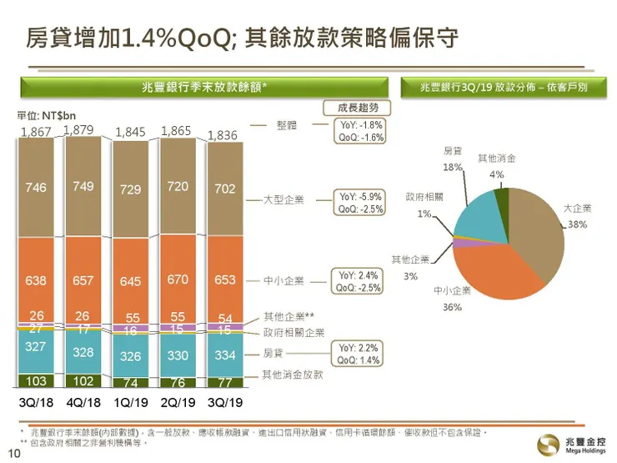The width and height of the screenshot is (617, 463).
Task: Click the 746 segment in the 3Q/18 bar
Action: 36,188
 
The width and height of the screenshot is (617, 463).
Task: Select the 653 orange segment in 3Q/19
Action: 224,280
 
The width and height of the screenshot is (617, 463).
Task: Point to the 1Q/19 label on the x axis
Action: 129,401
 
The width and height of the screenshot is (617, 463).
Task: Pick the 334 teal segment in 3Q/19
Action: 224,356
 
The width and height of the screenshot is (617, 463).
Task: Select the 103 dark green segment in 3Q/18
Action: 36,381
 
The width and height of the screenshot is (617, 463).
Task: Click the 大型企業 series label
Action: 283,201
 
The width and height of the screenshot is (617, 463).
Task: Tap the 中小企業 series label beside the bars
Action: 283,281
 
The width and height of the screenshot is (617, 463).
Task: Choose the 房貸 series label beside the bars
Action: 273,353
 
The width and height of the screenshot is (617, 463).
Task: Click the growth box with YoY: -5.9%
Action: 359,203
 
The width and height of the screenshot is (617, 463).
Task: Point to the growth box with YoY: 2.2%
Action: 359,354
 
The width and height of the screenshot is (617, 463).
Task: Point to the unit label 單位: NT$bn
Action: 48,116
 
